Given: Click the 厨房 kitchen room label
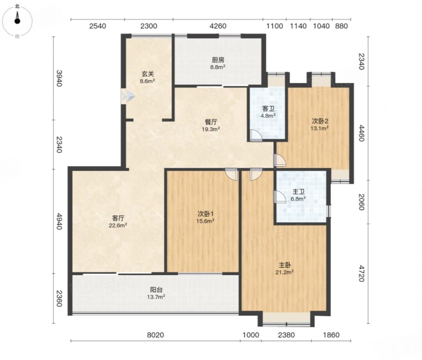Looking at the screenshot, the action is (218, 60).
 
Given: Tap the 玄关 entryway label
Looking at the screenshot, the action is (148, 74).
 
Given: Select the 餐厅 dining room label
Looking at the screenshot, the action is (211, 122).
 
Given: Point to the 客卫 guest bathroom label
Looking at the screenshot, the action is (268, 109).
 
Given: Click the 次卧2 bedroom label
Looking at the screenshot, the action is (320, 121).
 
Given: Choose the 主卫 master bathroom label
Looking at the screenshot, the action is (299, 192).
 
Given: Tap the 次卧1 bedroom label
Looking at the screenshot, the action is (206, 214).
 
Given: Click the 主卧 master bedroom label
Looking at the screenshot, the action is (284, 265).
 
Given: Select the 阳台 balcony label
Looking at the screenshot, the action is (156, 289).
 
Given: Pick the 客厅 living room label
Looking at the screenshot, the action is (118, 218).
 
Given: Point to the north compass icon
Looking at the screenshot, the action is (17, 21).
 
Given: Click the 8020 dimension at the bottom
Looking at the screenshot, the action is (155, 335).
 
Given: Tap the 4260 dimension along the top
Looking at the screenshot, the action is (218, 26).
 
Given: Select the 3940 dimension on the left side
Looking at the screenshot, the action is (59, 78).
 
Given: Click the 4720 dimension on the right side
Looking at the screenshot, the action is (361, 273).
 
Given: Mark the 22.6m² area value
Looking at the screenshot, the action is (118, 225).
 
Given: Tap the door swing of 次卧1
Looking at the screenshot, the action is (232, 174).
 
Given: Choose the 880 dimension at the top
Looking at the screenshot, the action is (341, 26).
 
